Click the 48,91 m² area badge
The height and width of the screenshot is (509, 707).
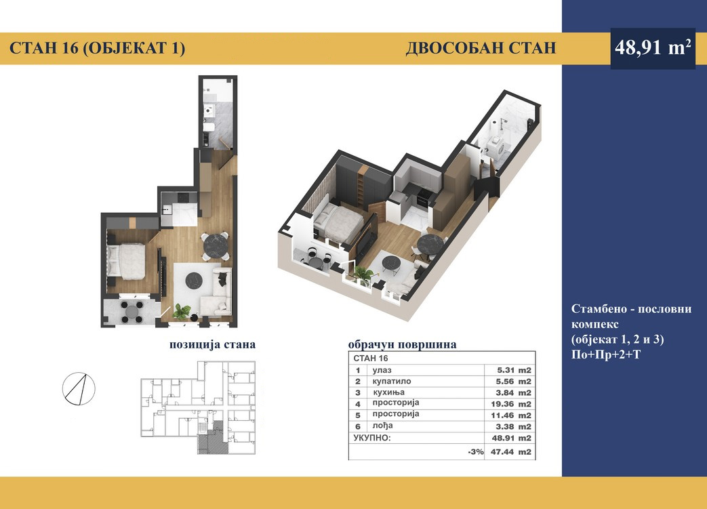[653, 48]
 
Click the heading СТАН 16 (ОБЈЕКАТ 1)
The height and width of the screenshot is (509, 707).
[97, 48]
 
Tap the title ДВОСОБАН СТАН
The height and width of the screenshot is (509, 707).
[481, 48]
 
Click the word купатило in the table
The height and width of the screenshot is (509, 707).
[392, 381]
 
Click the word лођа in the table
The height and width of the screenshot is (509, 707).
[383, 426]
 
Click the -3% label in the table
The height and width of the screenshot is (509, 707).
[476, 452]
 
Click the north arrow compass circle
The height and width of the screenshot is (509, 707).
[79, 388]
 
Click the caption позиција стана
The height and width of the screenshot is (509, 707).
[212, 344]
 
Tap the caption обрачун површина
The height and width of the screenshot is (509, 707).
[402, 345]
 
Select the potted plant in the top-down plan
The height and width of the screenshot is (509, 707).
[181, 312]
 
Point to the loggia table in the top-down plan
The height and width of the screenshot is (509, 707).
[132, 310]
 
